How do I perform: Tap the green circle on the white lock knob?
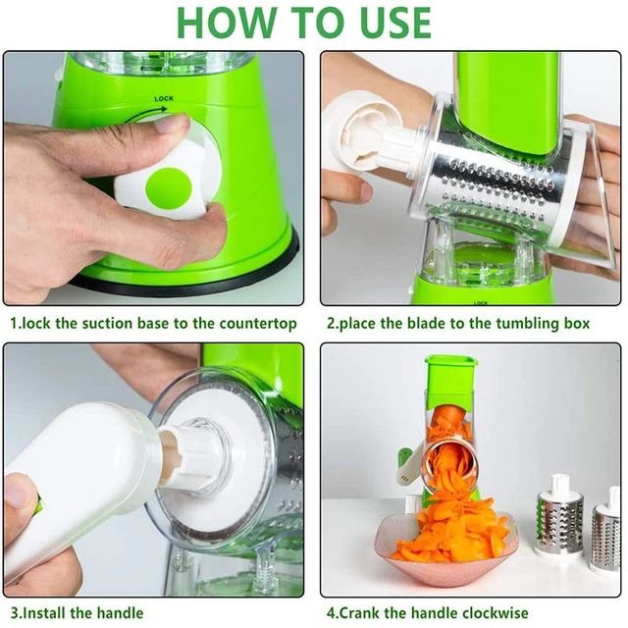(168, 187)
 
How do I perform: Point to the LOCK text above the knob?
(165, 99)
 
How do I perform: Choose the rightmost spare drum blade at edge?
(605, 535)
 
